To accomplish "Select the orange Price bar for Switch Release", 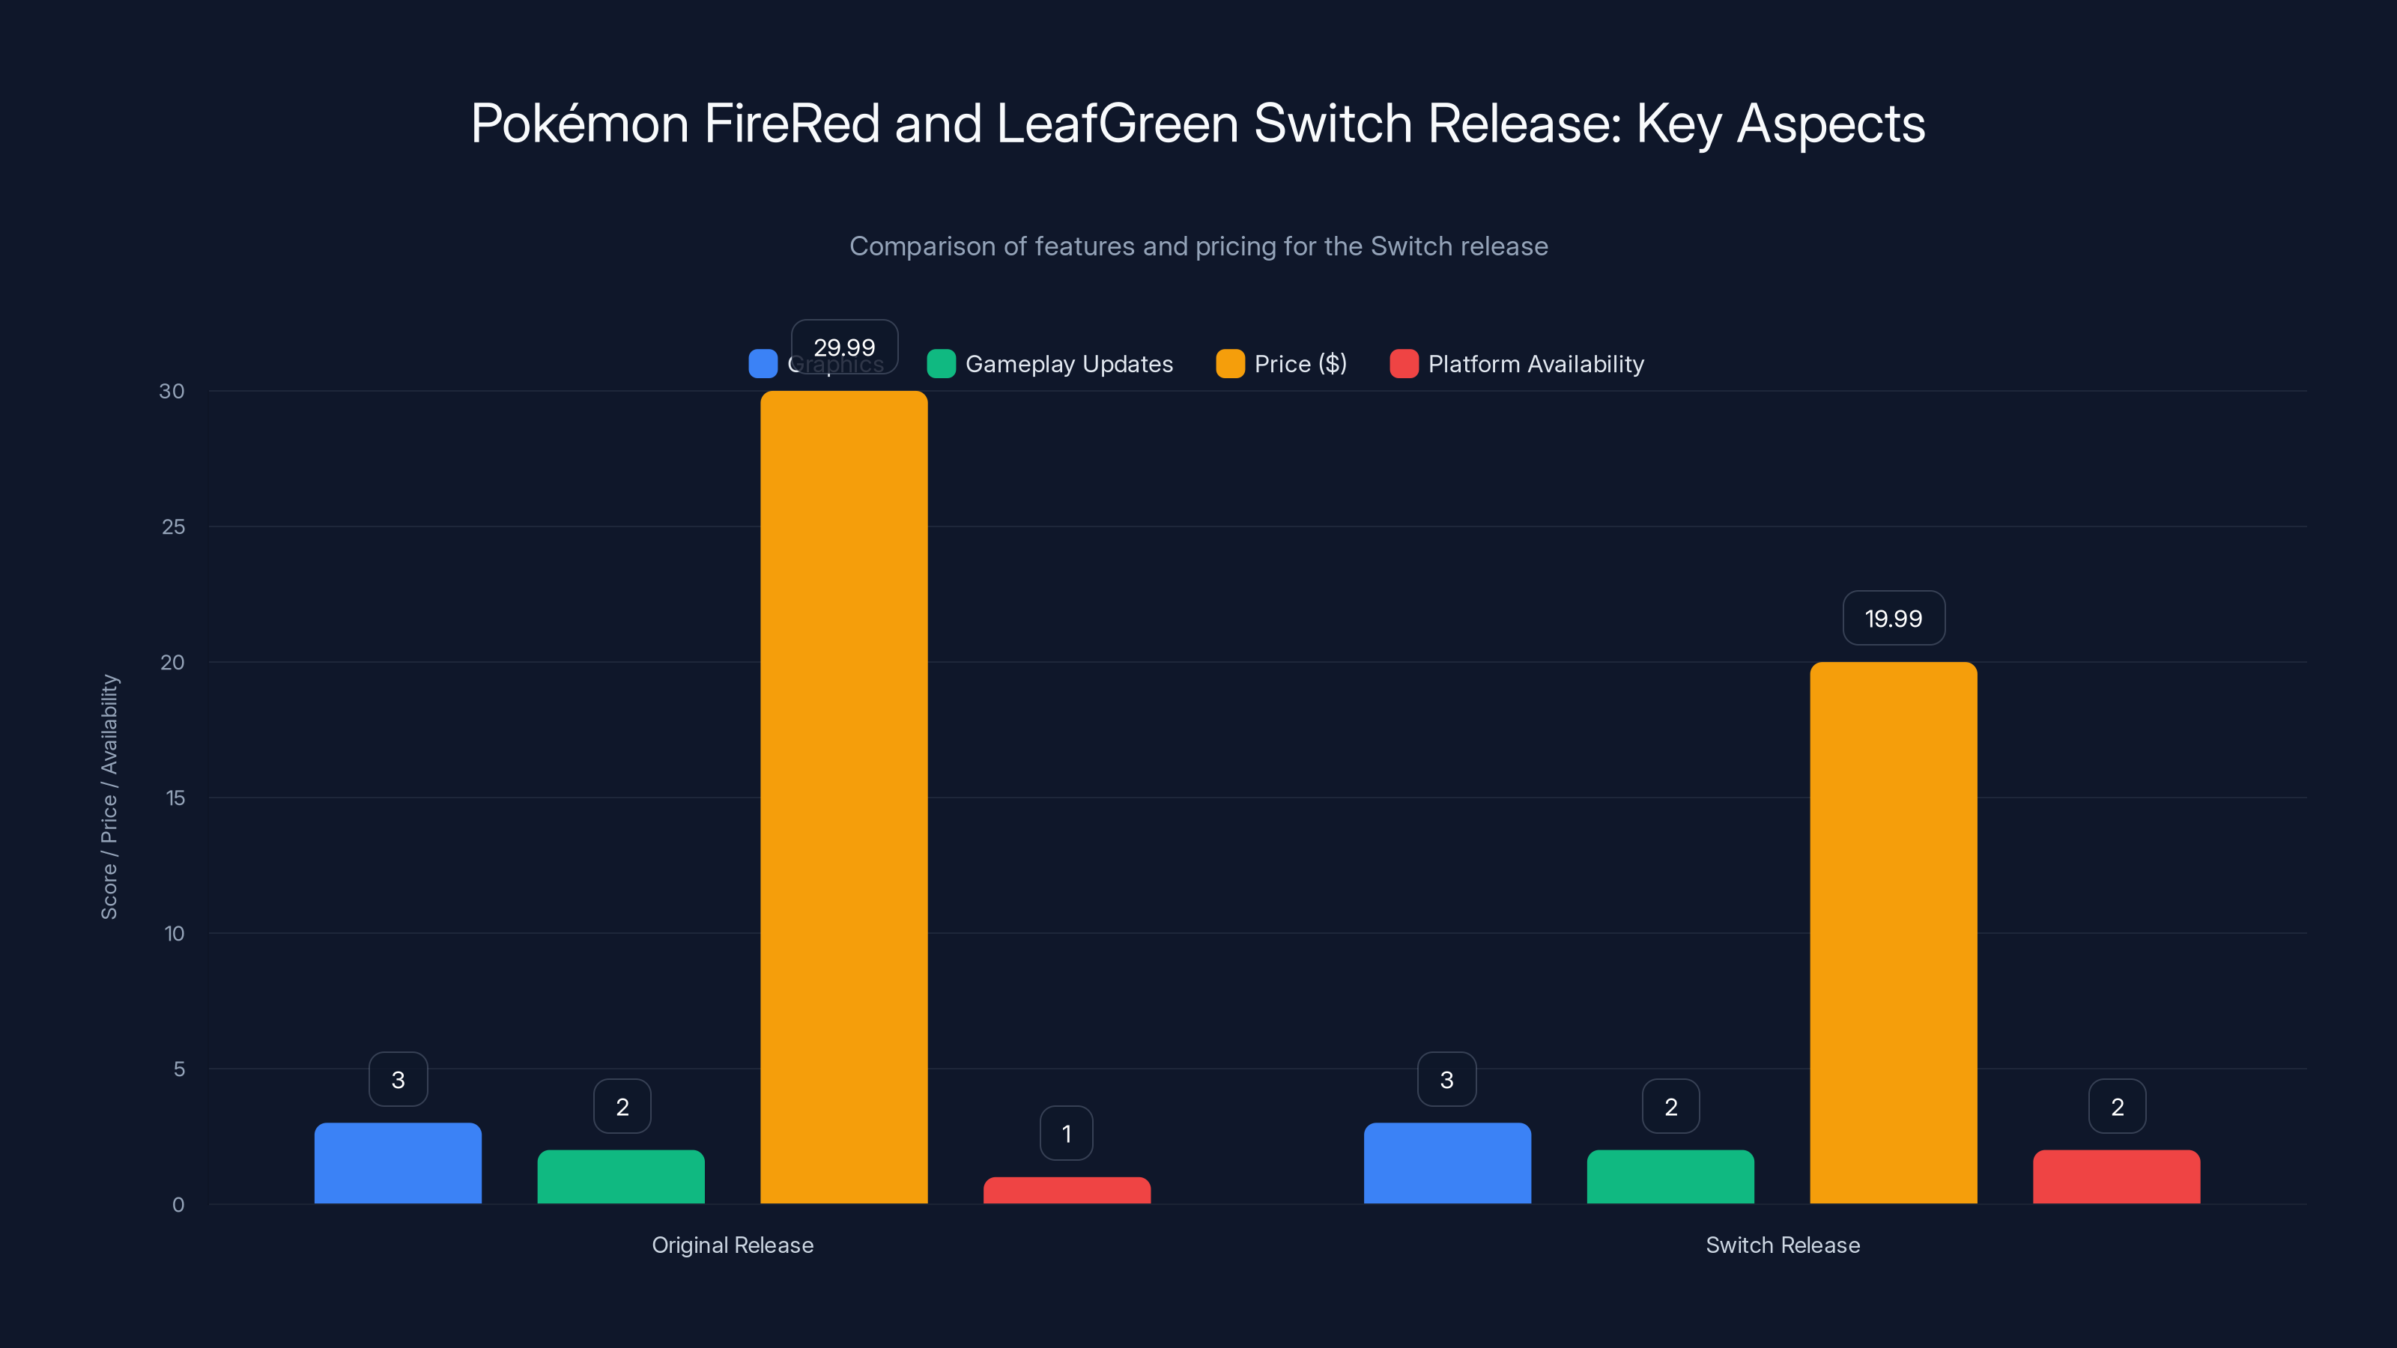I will [x=1893, y=932].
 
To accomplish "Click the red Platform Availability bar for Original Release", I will [x=1067, y=1190].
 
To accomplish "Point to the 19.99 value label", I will [x=1893, y=619].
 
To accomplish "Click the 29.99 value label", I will [x=844, y=347].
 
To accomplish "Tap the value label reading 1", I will [x=1067, y=1133].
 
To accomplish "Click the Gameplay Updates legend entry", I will [x=1068, y=364].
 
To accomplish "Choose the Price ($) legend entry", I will [x=1299, y=364].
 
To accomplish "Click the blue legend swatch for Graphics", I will [x=763, y=364].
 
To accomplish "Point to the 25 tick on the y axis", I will [x=173, y=526].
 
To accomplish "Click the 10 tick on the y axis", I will [x=174, y=933].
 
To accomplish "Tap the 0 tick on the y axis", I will [x=178, y=1205].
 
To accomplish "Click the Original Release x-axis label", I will [x=733, y=1245].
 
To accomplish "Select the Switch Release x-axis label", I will [x=1782, y=1245].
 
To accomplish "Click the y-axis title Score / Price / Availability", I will [x=109, y=798].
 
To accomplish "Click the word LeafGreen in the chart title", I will [x=1117, y=124].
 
